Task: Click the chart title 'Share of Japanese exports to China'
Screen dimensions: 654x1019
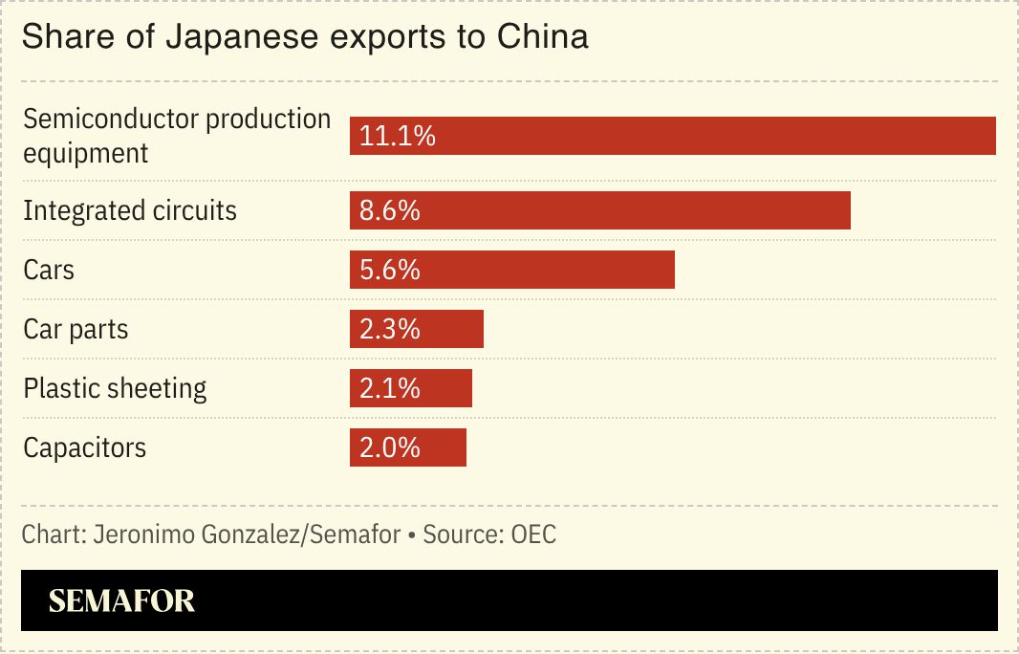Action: point(304,37)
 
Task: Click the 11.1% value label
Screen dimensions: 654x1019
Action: point(398,136)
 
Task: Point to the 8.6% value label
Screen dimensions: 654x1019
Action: point(390,210)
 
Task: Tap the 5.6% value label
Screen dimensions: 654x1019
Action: point(390,270)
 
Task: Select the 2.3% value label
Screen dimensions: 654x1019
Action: point(390,329)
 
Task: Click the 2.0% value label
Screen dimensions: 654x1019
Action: point(390,447)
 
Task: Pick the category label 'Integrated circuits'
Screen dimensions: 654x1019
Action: point(130,210)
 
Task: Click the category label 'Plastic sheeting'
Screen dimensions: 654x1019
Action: point(115,388)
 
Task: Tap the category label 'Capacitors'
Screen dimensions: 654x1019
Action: point(85,447)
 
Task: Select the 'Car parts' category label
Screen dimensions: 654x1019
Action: point(76,329)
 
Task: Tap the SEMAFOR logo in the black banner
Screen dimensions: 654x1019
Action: point(121,600)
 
